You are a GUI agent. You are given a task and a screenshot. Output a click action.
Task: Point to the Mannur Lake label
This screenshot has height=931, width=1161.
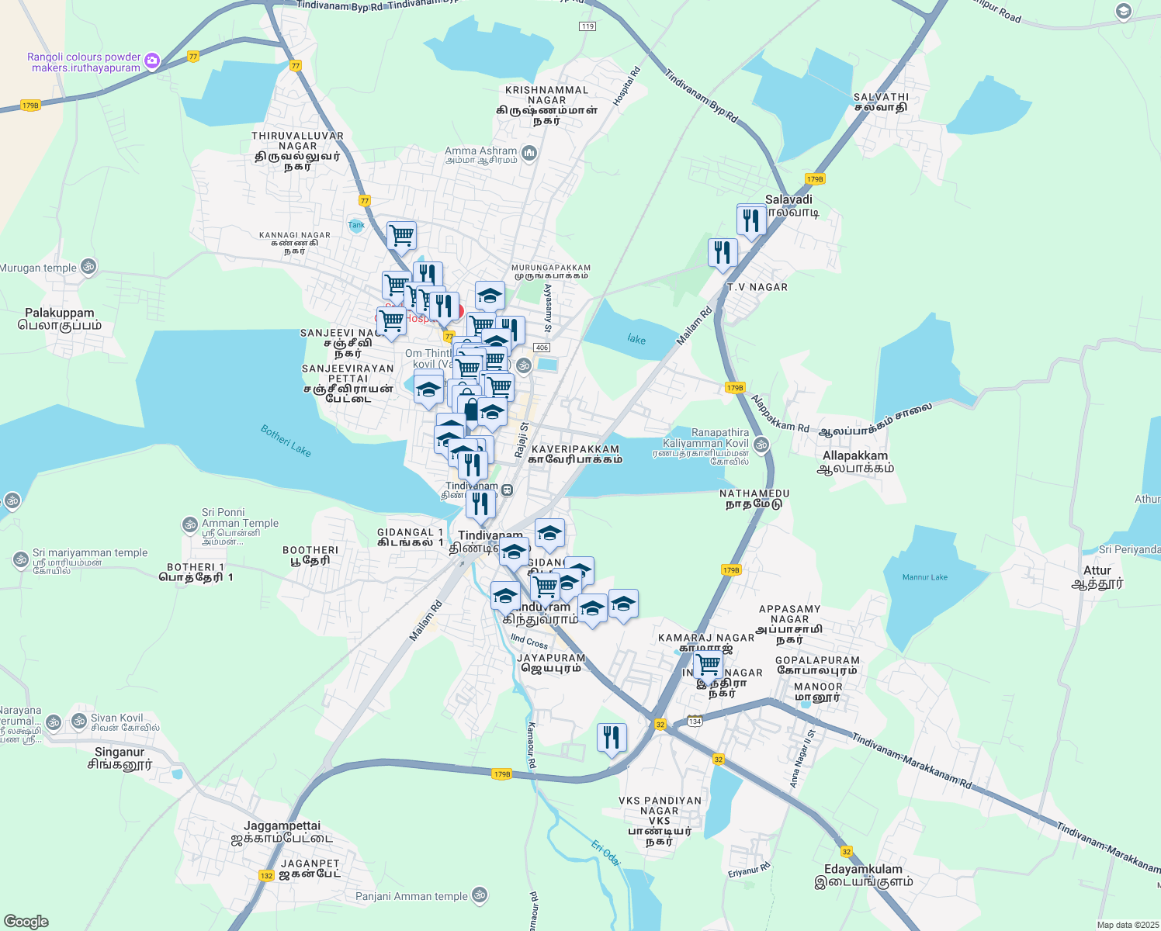click(x=924, y=577)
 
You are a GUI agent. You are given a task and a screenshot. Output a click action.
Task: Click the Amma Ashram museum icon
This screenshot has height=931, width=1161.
click(x=529, y=153)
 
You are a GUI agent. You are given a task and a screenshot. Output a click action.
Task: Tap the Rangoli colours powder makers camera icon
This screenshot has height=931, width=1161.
click(x=152, y=61)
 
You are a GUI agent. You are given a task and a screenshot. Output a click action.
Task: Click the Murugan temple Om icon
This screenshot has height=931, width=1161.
click(x=88, y=268)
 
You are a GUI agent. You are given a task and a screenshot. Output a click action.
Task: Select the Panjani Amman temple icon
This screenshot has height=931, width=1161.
click(x=480, y=895)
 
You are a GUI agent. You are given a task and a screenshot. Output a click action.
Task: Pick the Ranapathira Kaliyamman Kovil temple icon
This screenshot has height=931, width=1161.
click(x=761, y=445)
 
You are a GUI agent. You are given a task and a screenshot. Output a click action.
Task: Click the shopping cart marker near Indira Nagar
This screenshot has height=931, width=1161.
click(x=709, y=666)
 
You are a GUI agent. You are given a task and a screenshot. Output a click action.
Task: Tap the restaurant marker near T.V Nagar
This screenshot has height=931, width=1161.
click(x=723, y=252)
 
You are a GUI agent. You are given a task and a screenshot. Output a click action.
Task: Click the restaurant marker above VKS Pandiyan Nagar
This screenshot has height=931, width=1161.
click(x=612, y=737)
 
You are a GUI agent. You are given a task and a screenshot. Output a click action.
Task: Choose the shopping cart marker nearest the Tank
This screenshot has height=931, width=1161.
click(x=401, y=235)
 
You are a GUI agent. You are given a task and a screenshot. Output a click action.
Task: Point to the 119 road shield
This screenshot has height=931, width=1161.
click(x=587, y=26)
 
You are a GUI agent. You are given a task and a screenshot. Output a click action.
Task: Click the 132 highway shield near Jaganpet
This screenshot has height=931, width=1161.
click(x=266, y=875)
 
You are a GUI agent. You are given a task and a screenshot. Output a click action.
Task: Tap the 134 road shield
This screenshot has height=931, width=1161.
click(x=695, y=721)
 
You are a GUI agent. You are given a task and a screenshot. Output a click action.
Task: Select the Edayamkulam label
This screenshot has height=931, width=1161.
click(x=863, y=870)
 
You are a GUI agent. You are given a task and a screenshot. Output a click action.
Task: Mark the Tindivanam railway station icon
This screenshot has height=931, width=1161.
click(x=507, y=490)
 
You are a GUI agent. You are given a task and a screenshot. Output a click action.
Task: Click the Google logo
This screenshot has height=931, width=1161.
click(x=26, y=922)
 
